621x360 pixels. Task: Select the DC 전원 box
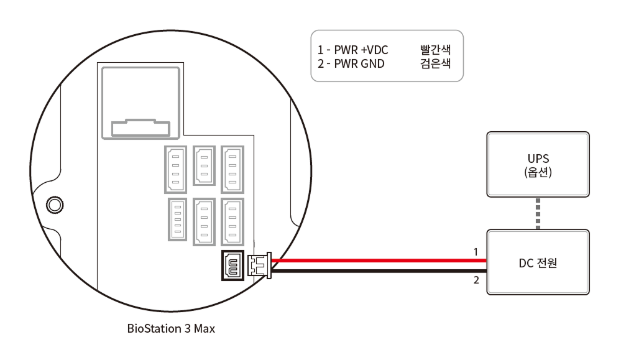point(538,262)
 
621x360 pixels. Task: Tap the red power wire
point(373,259)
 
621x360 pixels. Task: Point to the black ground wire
point(373,271)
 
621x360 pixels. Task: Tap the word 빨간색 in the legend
point(435,50)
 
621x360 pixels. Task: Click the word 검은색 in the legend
point(435,63)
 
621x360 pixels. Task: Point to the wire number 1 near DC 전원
point(476,252)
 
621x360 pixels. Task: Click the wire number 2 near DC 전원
point(476,280)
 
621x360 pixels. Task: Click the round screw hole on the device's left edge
point(54,203)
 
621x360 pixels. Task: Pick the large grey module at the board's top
point(140,103)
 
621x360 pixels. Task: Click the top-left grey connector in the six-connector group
point(175,168)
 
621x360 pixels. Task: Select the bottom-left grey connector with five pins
point(177,219)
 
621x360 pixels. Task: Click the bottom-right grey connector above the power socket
point(232,221)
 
